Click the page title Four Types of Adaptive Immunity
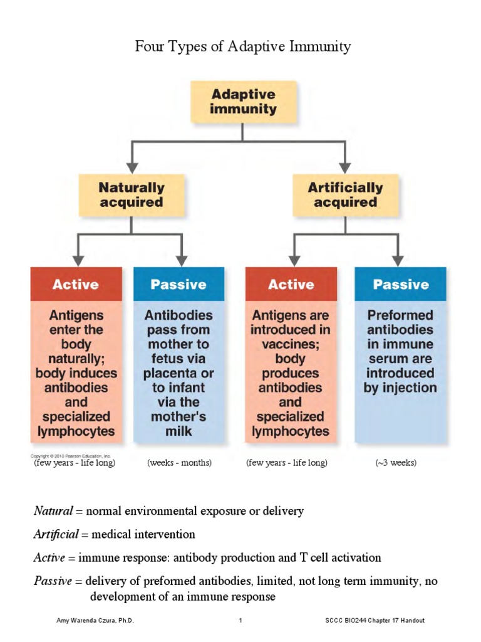243,46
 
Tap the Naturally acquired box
131,194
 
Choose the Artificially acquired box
345,194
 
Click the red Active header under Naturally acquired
76,284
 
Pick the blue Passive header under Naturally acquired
178,284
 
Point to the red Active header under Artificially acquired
291,284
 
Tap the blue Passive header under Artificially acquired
400,284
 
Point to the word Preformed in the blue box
400,315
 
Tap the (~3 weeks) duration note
396,463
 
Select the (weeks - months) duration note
180,463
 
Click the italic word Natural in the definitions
53,510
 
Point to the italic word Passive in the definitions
52,581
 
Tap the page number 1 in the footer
240,620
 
